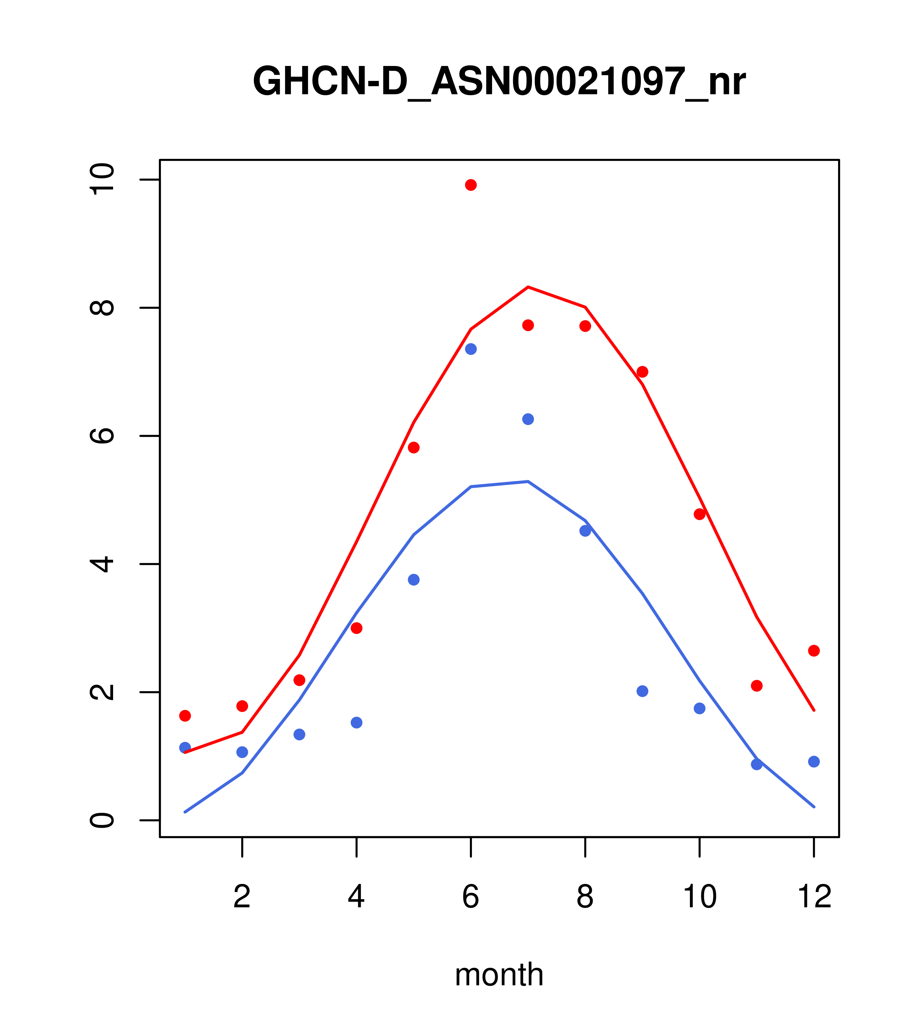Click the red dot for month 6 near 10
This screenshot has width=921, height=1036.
click(471, 185)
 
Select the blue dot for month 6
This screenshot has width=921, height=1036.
click(471, 349)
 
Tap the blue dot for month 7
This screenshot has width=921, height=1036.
click(528, 419)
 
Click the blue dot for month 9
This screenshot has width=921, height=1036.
click(642, 691)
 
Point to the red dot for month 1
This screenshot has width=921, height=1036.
click(185, 716)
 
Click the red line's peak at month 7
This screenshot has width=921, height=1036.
click(528, 287)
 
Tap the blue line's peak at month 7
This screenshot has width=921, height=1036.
click(528, 482)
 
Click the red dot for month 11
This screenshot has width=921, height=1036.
click(757, 686)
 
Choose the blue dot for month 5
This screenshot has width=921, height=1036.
click(414, 580)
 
